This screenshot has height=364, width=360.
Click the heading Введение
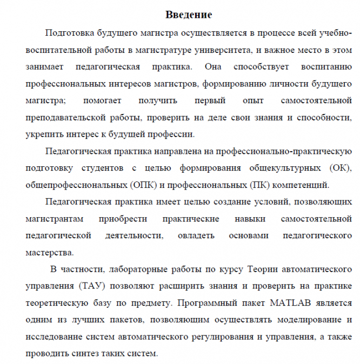[x=188, y=15]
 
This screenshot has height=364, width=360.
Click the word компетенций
[x=302, y=185]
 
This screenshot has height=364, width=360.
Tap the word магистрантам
[x=54, y=219]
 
